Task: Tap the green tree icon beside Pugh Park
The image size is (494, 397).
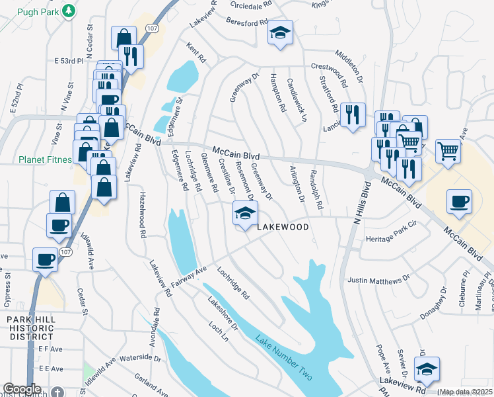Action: pyautogui.click(x=67, y=11)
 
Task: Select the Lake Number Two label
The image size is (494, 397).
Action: pyautogui.click(x=284, y=356)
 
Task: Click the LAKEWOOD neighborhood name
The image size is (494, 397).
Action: pyautogui.click(x=283, y=227)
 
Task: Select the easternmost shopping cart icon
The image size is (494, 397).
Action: pyautogui.click(x=448, y=151)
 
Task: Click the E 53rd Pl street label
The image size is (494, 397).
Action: pyautogui.click(x=69, y=60)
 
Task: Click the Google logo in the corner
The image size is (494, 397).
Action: pyautogui.click(x=22, y=389)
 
